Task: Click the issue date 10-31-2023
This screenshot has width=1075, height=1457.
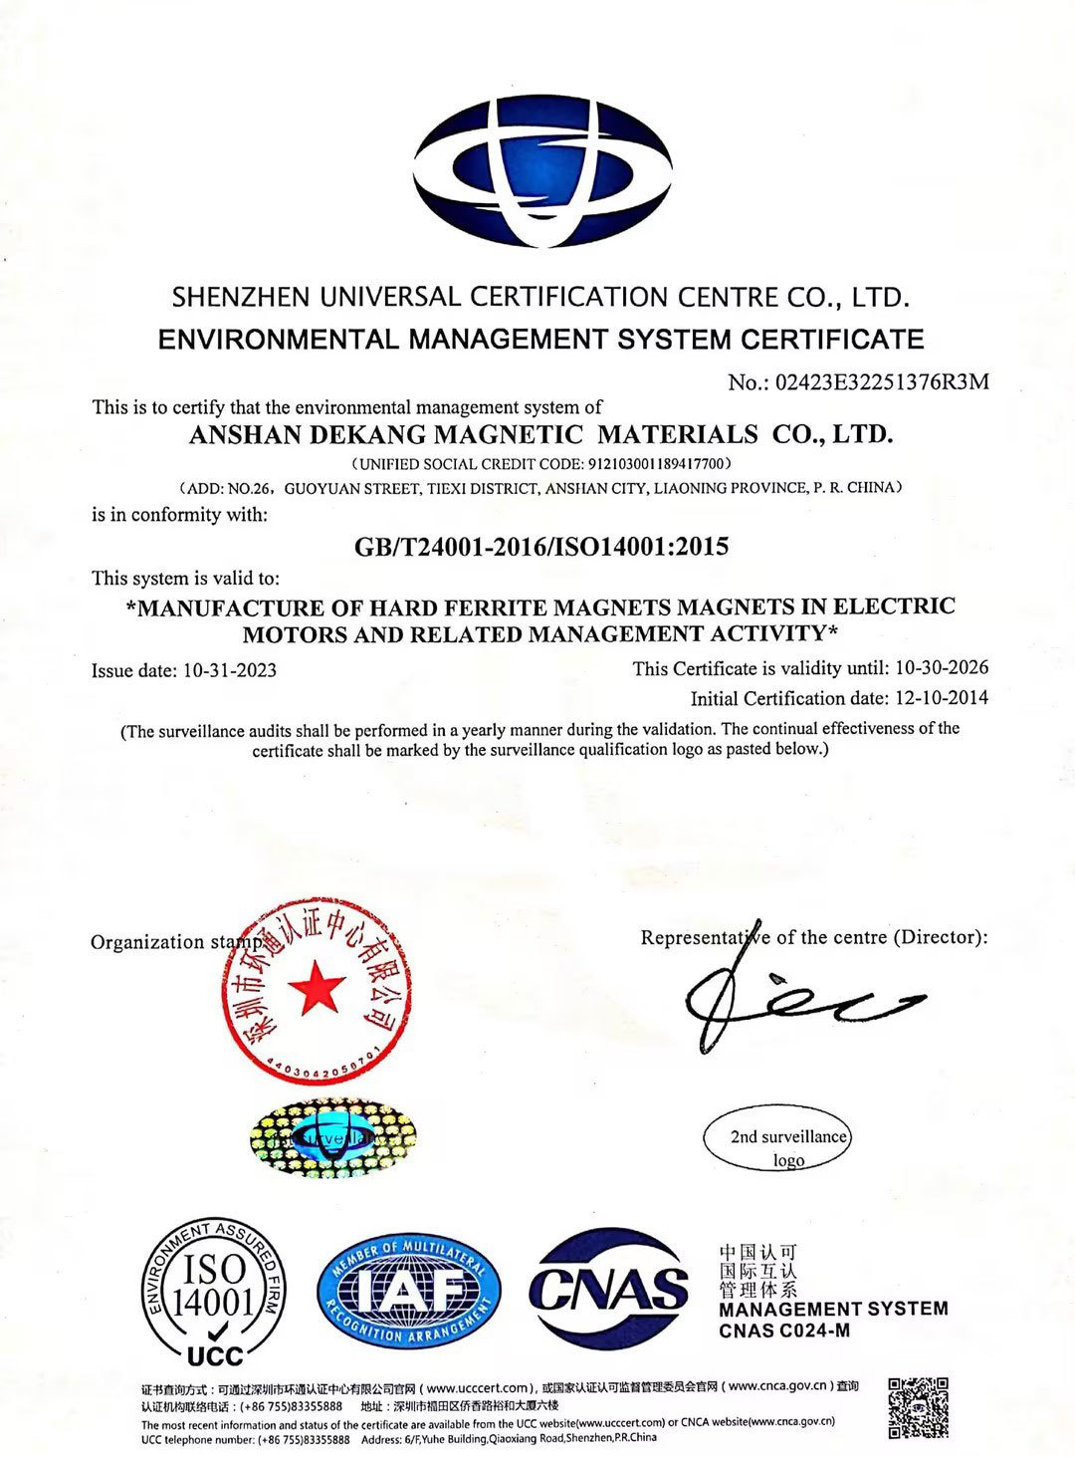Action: point(230,670)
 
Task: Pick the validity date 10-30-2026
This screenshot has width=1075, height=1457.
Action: point(942,667)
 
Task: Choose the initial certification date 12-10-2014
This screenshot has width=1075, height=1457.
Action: point(942,697)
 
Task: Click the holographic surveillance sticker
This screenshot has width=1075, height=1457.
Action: point(331,1135)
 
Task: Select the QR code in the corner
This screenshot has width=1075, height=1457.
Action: point(918,1407)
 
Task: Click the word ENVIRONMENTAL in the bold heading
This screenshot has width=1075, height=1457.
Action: point(280,339)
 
